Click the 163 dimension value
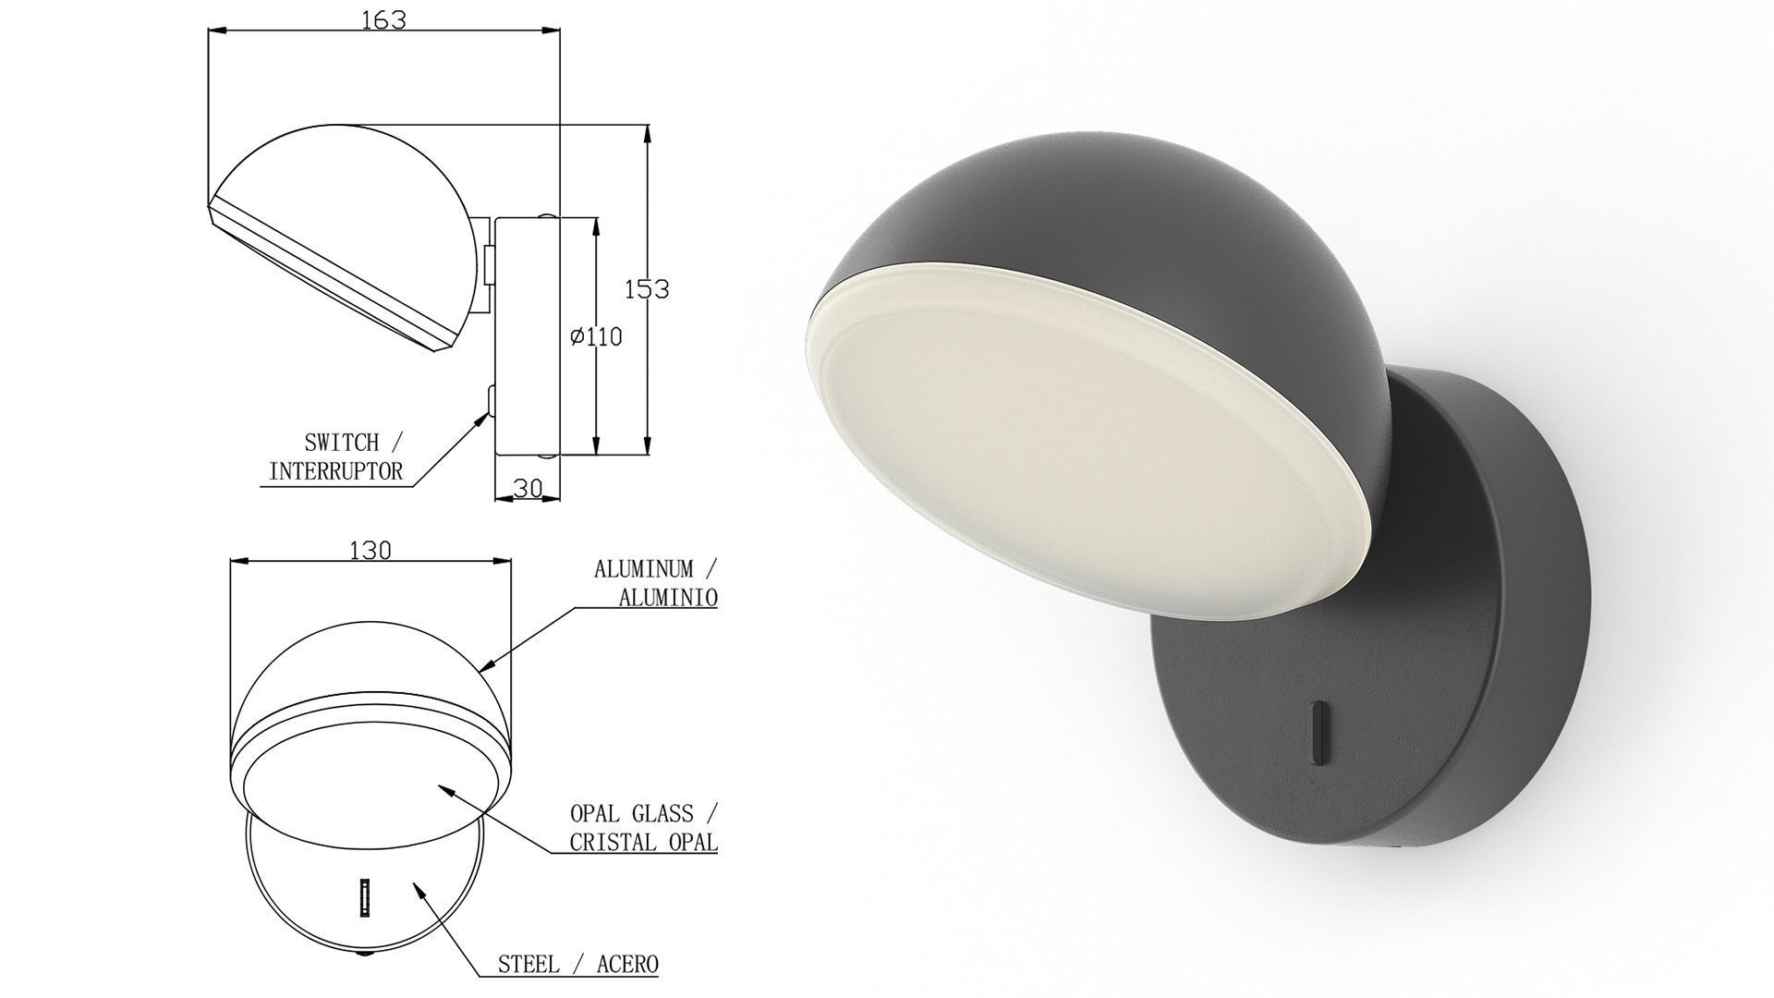383,19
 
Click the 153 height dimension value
646,289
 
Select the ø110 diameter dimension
597,337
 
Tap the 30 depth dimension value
527,488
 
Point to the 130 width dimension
371,551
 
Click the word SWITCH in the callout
341,444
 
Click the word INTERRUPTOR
335,471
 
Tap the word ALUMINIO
667,598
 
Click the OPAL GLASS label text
631,814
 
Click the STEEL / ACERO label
577,965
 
